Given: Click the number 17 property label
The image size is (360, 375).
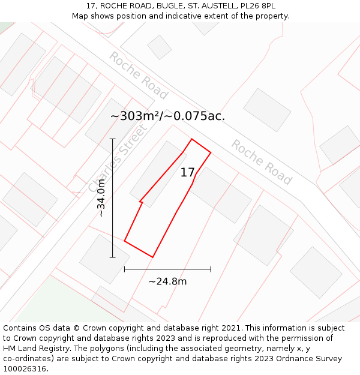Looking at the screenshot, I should point(187,173).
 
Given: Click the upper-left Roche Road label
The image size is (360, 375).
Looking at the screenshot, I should point(137,75).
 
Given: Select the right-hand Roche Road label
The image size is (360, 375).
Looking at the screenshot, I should point(261,162).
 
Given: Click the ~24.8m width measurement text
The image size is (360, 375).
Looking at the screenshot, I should point(167,281).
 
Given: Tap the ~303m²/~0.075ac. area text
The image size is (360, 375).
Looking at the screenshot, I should point(167,116).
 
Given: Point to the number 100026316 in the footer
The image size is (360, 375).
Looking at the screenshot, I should point(23,369).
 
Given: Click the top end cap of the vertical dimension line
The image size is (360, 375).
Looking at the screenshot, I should point(112,139).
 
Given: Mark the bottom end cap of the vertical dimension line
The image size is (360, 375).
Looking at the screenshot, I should point(112,257).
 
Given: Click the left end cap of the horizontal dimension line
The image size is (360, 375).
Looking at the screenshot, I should point(124,269).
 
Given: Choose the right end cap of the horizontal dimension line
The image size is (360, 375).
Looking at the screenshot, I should point(211,269).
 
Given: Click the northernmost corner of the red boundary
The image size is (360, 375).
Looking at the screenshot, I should point(192,139).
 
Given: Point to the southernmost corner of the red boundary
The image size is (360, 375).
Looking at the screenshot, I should point(152,257).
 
